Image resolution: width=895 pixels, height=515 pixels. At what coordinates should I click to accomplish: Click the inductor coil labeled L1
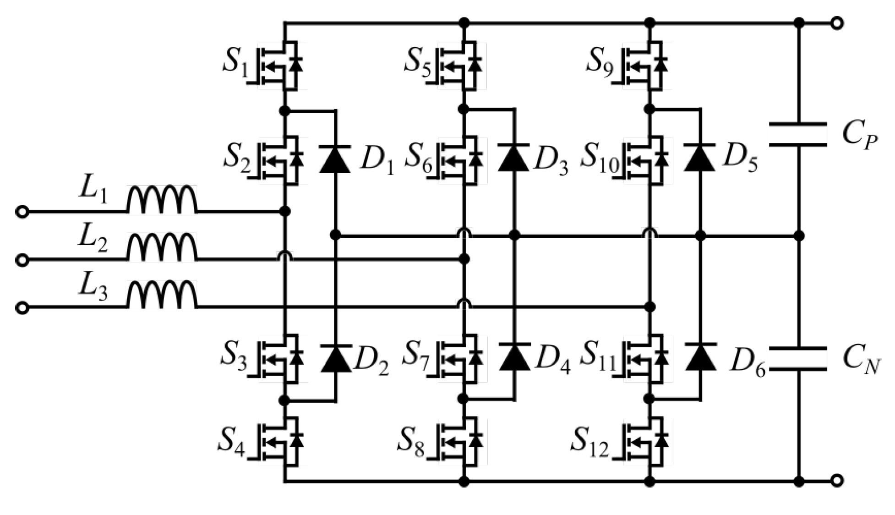[x=162, y=200]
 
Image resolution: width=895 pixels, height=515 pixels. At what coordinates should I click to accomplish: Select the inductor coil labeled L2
[x=162, y=247]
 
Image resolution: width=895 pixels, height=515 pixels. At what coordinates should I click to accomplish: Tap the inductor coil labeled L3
[x=162, y=295]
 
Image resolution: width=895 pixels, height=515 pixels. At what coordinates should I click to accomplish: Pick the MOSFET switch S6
[x=461, y=160]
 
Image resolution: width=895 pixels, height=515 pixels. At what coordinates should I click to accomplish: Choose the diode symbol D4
[x=514, y=356]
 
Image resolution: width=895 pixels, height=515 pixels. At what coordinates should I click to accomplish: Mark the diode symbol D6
[x=701, y=356]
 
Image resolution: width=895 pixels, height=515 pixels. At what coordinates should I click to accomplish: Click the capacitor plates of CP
[x=798, y=135]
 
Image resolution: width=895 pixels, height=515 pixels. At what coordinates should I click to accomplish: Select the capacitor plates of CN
[x=798, y=358]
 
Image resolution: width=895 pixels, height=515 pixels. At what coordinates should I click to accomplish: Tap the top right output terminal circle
[x=837, y=23]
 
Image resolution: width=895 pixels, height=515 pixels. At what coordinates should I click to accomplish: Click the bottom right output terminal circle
[x=837, y=481]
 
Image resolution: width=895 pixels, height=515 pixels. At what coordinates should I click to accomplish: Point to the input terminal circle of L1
[x=22, y=212]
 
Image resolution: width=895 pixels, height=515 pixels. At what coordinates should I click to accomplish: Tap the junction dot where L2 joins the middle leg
[x=464, y=259]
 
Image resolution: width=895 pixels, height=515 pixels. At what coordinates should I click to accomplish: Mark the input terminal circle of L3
[x=22, y=308]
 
